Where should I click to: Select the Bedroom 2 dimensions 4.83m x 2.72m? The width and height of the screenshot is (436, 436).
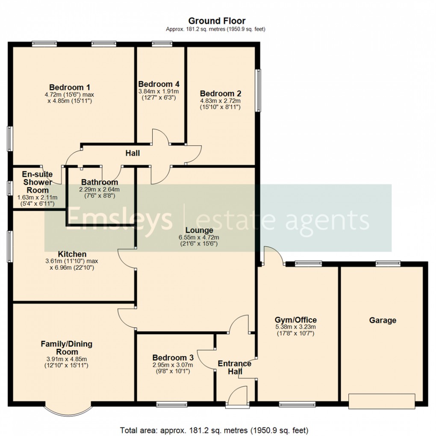221,101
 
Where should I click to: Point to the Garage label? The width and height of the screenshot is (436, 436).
383,320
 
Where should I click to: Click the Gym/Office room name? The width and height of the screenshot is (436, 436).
295,320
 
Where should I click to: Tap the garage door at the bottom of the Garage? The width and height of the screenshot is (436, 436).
382,400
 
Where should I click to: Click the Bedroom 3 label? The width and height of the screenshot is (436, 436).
173,358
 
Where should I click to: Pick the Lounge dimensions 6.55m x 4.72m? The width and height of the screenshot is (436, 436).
199,238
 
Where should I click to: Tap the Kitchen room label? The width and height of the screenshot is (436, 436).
72,254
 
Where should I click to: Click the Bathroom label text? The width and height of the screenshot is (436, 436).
99,182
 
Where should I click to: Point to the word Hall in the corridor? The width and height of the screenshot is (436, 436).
133,153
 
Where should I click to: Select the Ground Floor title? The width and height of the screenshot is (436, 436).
217,21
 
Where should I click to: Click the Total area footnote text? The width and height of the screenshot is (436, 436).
214,430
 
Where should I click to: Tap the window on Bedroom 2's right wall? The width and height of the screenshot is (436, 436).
258,91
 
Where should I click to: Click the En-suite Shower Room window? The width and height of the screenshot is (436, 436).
9,188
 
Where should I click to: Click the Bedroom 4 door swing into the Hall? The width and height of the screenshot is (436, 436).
159,137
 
